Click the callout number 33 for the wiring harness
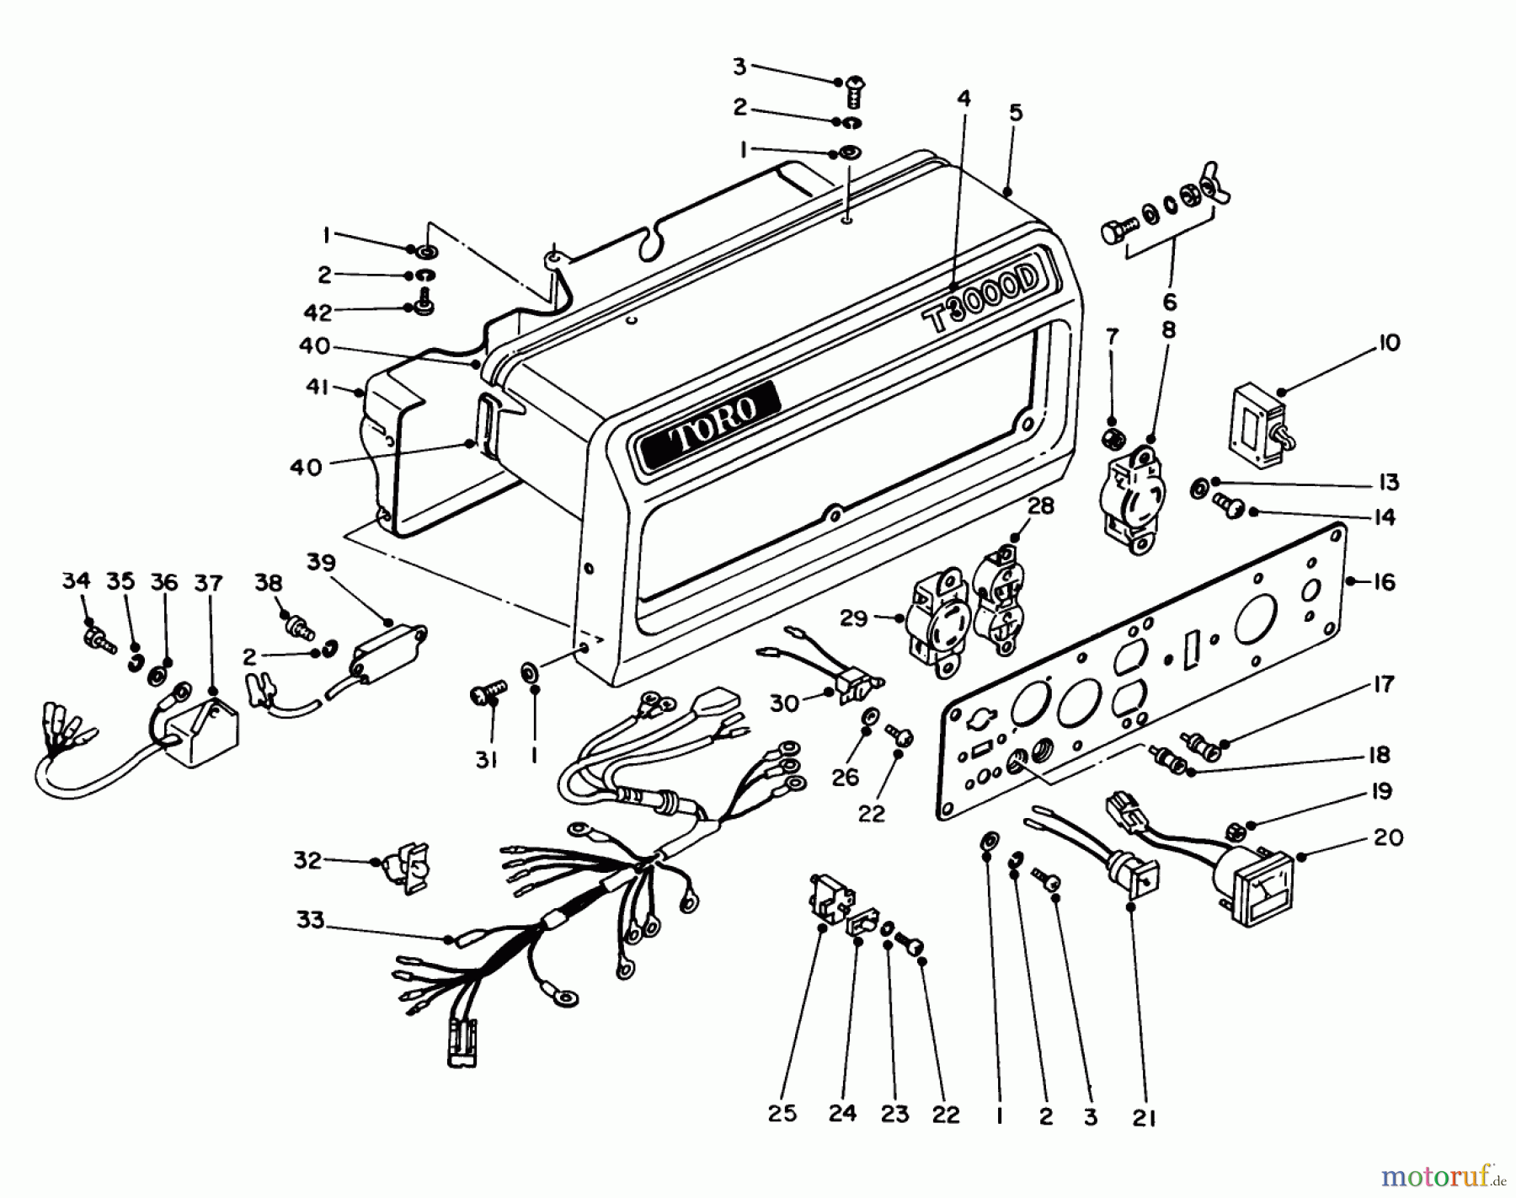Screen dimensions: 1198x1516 tap(310, 921)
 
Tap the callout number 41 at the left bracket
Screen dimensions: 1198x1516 tap(319, 388)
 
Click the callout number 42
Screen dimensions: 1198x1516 tap(318, 313)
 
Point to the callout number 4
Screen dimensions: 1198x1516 tap(964, 99)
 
